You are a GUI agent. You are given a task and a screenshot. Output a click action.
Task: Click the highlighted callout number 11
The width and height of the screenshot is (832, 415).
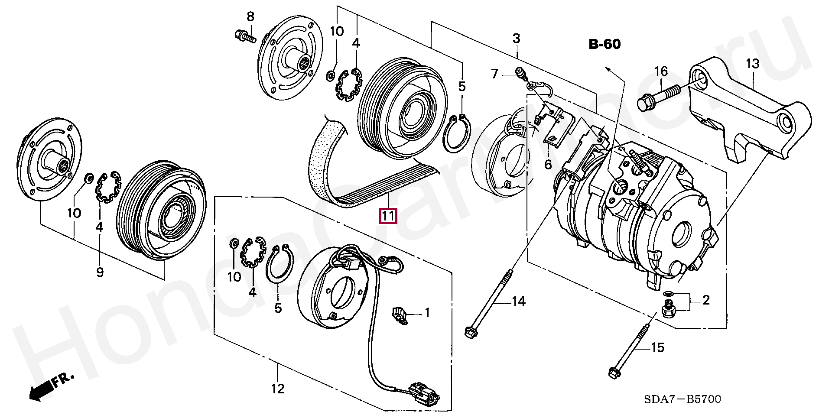[388, 215]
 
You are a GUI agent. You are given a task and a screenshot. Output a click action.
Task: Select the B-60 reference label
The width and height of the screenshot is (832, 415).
[604, 44]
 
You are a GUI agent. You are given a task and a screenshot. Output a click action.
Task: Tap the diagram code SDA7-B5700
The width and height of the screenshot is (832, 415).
[682, 399]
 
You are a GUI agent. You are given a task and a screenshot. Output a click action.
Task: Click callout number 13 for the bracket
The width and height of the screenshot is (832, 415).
[753, 64]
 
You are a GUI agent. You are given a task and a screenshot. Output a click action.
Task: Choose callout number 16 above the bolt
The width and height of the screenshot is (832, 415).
[661, 71]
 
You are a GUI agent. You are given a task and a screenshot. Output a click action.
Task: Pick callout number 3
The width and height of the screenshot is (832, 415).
[516, 38]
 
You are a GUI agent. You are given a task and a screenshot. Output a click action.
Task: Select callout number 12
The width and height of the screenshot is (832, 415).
[278, 389]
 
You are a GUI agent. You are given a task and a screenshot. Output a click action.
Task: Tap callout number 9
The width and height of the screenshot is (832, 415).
[100, 272]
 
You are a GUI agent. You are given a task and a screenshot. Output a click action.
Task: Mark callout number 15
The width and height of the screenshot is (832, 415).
[658, 347]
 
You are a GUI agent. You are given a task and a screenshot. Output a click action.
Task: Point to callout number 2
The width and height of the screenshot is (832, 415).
[706, 300]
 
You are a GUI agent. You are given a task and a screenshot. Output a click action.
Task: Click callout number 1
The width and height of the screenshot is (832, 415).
[427, 312]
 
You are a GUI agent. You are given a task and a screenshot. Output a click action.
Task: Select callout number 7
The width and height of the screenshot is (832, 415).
[494, 74]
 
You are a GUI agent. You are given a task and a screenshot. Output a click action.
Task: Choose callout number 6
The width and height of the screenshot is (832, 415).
[548, 164]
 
